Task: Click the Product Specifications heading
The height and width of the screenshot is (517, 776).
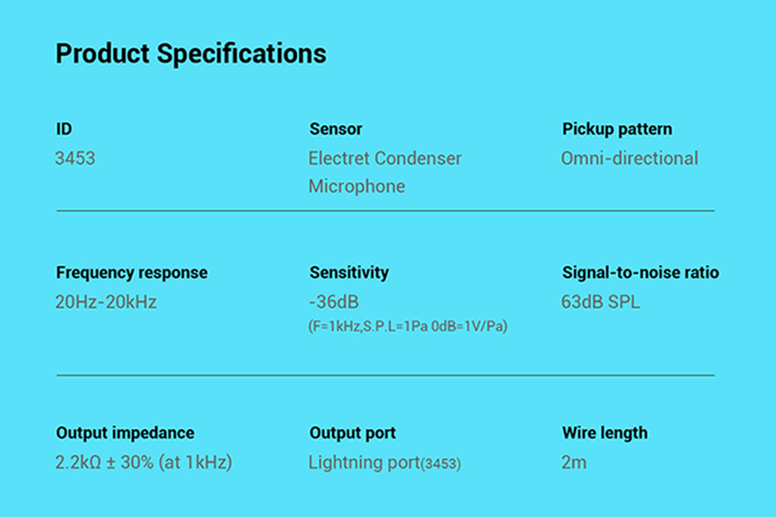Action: [191, 53]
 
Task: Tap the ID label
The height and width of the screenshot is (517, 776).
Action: [64, 129]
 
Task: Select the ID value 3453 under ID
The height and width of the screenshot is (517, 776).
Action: [75, 159]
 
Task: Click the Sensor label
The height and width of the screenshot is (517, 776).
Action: [336, 129]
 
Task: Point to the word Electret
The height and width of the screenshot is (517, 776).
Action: [340, 159]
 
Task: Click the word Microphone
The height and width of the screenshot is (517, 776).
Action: [357, 186]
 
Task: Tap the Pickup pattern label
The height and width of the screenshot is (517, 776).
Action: [617, 129]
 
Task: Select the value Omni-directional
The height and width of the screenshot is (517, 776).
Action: [629, 159]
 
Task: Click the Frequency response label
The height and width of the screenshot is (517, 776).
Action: [132, 272]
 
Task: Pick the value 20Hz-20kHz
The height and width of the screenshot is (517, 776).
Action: [106, 302]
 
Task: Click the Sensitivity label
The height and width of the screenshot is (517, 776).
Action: [349, 272]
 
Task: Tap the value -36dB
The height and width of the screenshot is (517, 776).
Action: [334, 302]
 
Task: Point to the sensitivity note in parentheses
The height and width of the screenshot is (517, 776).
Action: [408, 327]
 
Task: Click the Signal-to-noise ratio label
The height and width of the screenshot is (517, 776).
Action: [641, 272]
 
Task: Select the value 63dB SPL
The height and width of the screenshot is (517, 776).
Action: [600, 302]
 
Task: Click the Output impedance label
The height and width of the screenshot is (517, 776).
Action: [125, 433]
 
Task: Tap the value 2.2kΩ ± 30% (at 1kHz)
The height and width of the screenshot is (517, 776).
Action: [143, 462]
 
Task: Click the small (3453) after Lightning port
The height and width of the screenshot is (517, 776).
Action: [441, 464]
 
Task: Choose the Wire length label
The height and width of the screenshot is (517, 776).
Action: [604, 433]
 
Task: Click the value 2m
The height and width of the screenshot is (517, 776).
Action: [574, 462]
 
